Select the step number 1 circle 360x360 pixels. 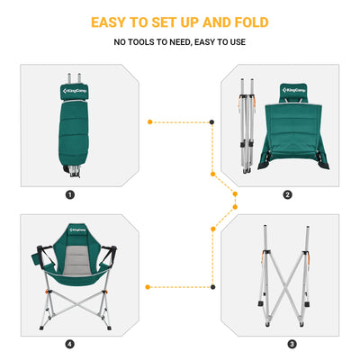pyautogui.click(x=71, y=194)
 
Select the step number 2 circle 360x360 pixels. pyautogui.click(x=287, y=194)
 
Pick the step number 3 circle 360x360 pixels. pyautogui.click(x=291, y=344)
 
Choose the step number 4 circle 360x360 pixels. pyautogui.click(x=69, y=344)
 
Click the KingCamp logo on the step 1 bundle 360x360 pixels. pyautogui.click(x=71, y=90)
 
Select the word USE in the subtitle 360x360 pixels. pyautogui.click(x=233, y=42)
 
